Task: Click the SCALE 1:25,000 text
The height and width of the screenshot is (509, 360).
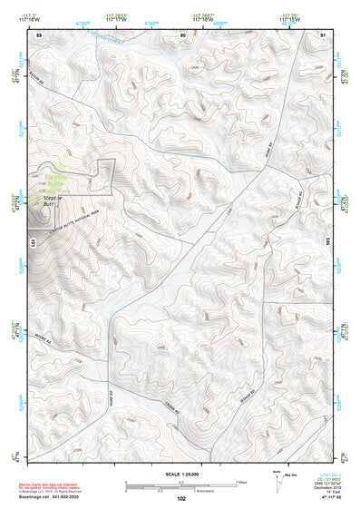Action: point(180,475)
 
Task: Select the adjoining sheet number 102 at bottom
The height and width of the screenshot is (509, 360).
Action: point(181,498)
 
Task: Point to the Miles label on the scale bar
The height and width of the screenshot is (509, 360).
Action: point(240,482)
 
